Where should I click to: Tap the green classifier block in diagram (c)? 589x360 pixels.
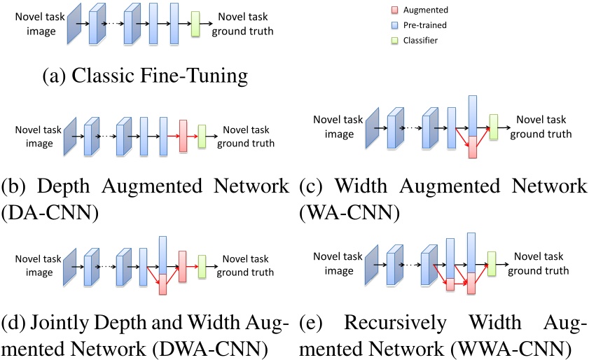493,126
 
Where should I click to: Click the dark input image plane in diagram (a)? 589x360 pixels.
73,25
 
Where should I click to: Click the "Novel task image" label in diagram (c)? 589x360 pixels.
338,127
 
